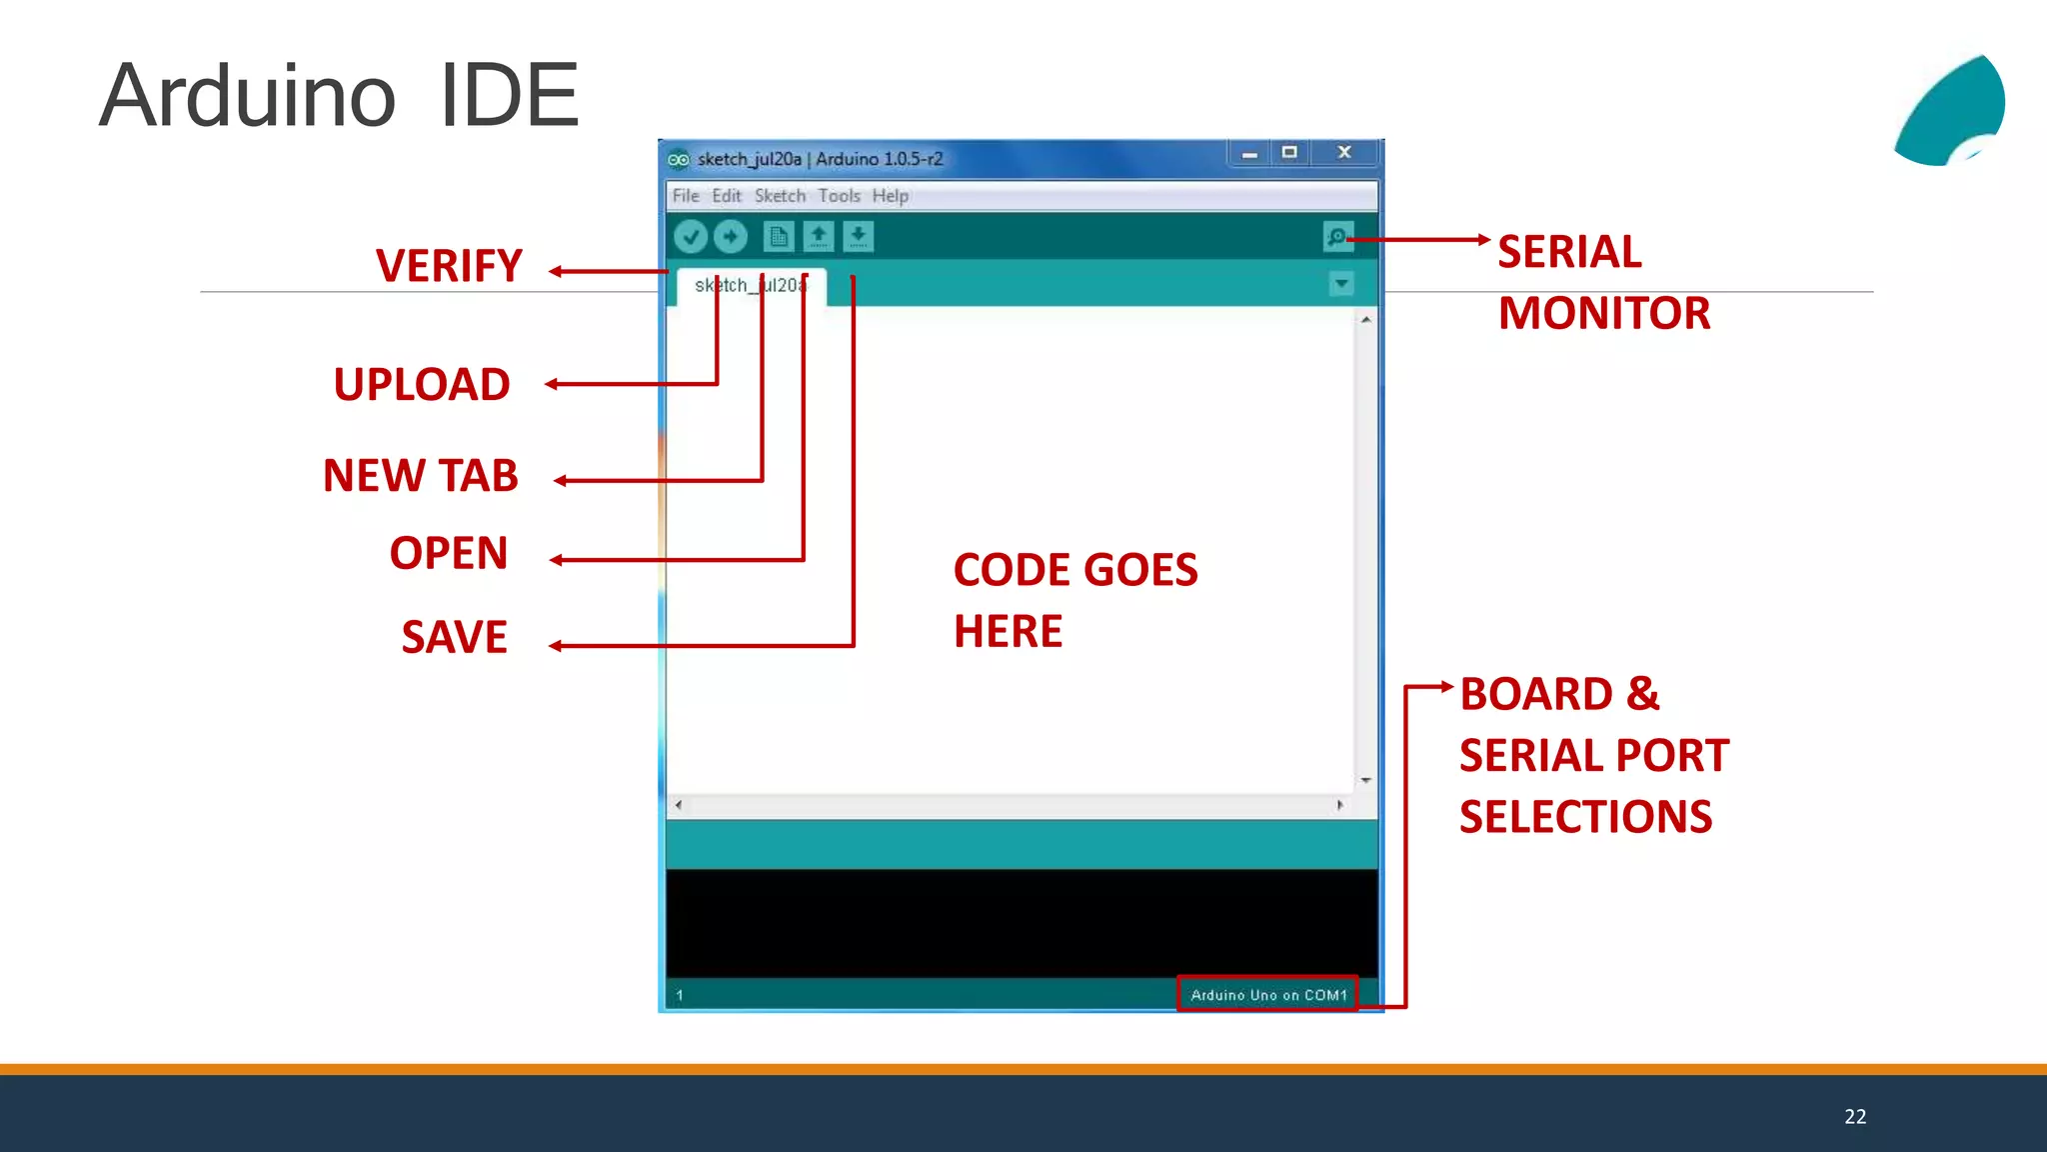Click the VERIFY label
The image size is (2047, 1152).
click(449, 266)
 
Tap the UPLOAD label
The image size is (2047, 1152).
click(422, 385)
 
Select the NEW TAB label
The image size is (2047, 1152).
click(421, 476)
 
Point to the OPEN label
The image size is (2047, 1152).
click(449, 554)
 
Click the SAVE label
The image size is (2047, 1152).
click(454, 638)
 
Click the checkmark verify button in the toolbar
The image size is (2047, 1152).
click(691, 237)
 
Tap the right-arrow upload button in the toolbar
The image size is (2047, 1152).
click(731, 237)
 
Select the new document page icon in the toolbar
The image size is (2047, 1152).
click(778, 237)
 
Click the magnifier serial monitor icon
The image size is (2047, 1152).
click(1337, 237)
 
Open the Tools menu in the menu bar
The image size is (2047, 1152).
click(839, 196)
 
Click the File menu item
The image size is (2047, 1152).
click(686, 196)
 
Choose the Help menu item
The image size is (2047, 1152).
click(890, 196)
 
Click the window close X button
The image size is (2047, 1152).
click(1344, 153)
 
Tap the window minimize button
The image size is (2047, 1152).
click(1249, 154)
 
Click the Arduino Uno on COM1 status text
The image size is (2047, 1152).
click(1267, 995)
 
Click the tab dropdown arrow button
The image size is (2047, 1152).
click(1341, 284)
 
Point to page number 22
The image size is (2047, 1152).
click(1855, 1117)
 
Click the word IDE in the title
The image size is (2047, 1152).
click(509, 96)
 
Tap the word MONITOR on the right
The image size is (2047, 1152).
click(1604, 314)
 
